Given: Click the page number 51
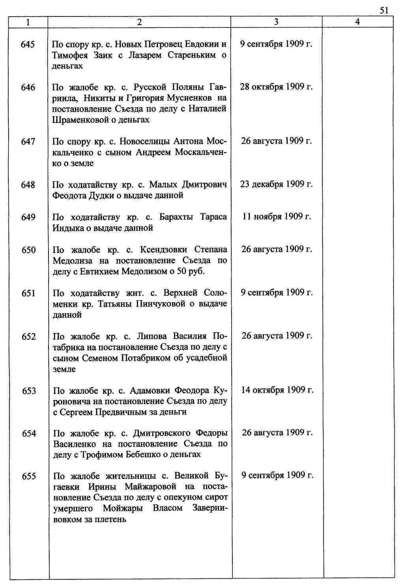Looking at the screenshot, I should tap(384, 11).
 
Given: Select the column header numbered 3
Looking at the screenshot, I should tap(276, 22).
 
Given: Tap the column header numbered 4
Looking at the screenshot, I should tap(357, 22).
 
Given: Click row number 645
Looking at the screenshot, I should tap(28, 45).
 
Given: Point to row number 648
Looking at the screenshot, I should tap(28, 185).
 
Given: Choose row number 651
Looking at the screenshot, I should tap(28, 293).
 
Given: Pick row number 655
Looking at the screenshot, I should tap(29, 476).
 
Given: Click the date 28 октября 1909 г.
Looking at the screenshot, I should tap(276, 87).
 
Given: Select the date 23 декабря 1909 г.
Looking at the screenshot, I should tap(276, 184).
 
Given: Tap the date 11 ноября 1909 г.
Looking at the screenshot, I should tap(276, 217).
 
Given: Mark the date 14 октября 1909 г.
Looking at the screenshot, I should tap(277, 390).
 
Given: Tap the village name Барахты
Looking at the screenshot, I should tap(176, 217).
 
